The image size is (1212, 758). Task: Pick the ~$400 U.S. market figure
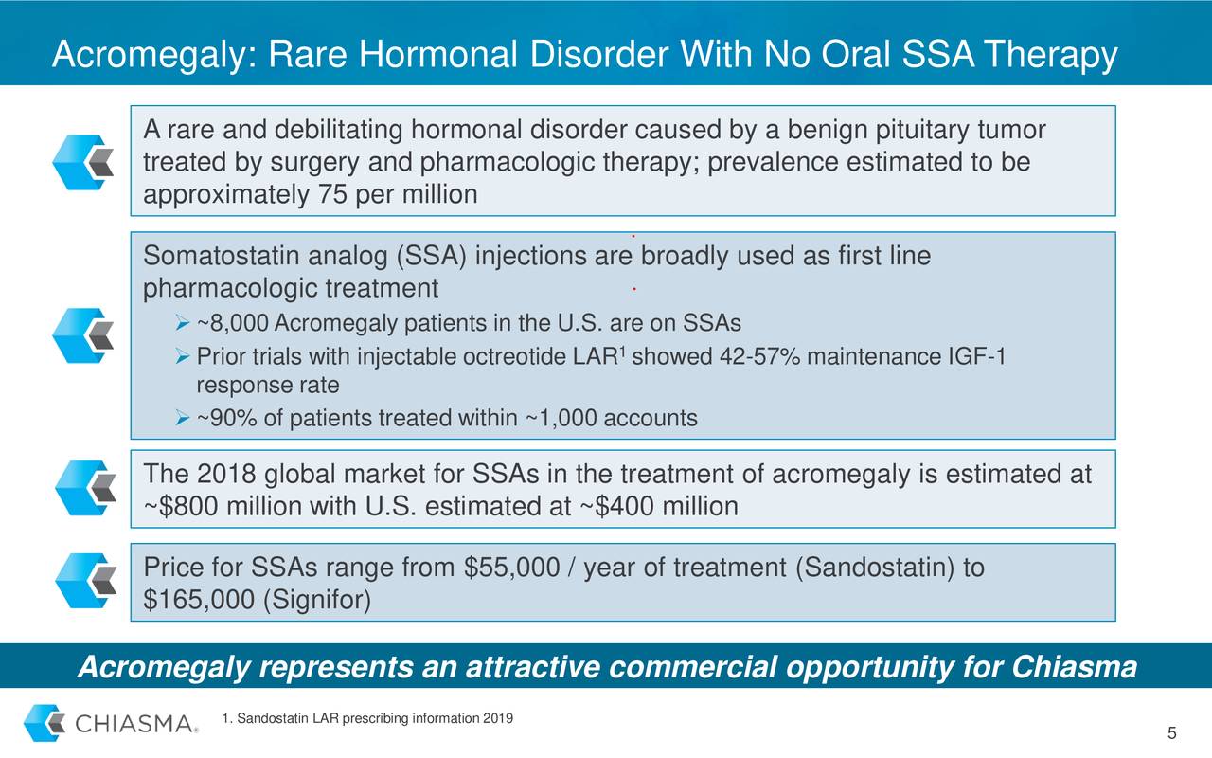tap(616, 507)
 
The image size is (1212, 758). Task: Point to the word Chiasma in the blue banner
tap(1074, 668)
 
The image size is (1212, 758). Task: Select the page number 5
tap(1171, 734)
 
